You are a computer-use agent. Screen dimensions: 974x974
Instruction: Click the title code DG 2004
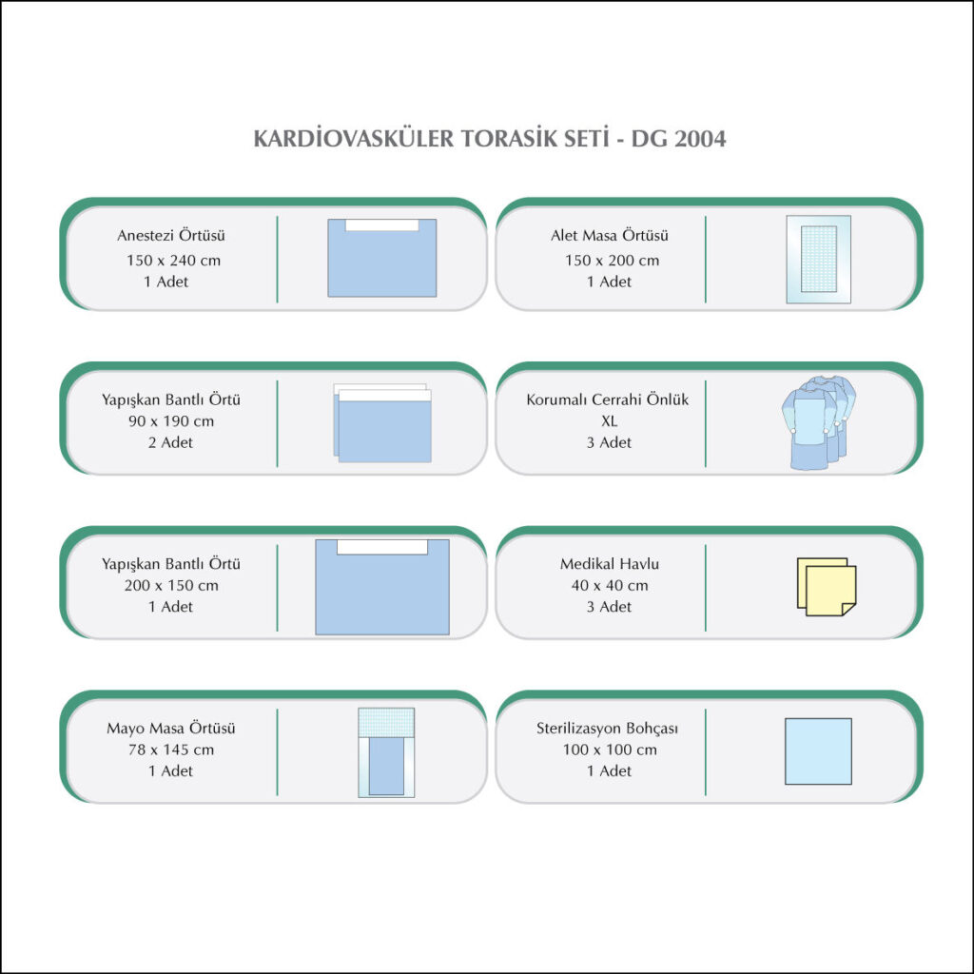(x=678, y=139)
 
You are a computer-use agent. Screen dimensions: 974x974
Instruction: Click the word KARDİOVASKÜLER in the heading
(x=354, y=138)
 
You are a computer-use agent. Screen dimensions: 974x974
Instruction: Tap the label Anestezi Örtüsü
(x=171, y=235)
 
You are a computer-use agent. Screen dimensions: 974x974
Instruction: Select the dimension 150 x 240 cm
(x=173, y=261)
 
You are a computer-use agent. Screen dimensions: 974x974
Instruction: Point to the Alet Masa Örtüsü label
(x=610, y=235)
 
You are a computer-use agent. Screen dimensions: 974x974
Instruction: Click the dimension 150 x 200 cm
(x=612, y=261)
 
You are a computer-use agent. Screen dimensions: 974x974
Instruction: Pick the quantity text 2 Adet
(x=170, y=442)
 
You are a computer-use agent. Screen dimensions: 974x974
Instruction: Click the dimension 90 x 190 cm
(x=171, y=421)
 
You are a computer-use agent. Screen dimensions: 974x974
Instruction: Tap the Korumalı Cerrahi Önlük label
(x=608, y=399)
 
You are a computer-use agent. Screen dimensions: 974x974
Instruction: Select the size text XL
(x=610, y=421)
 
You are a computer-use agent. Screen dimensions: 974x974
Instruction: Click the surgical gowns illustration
(x=818, y=422)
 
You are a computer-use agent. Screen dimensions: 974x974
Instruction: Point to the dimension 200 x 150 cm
(x=171, y=585)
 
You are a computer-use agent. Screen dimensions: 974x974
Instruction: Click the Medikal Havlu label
(x=610, y=563)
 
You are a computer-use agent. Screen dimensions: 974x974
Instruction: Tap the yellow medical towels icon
(x=827, y=587)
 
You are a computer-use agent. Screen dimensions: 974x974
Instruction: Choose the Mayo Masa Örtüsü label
(x=171, y=728)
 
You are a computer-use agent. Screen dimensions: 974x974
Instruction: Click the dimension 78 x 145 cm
(x=171, y=750)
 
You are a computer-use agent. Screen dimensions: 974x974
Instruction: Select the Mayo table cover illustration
(x=386, y=752)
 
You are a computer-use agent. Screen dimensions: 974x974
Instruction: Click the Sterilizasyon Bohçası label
(x=607, y=728)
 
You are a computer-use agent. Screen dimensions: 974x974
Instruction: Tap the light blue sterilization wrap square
(x=818, y=751)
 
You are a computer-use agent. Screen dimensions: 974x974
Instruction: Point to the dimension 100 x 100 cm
(x=610, y=750)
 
